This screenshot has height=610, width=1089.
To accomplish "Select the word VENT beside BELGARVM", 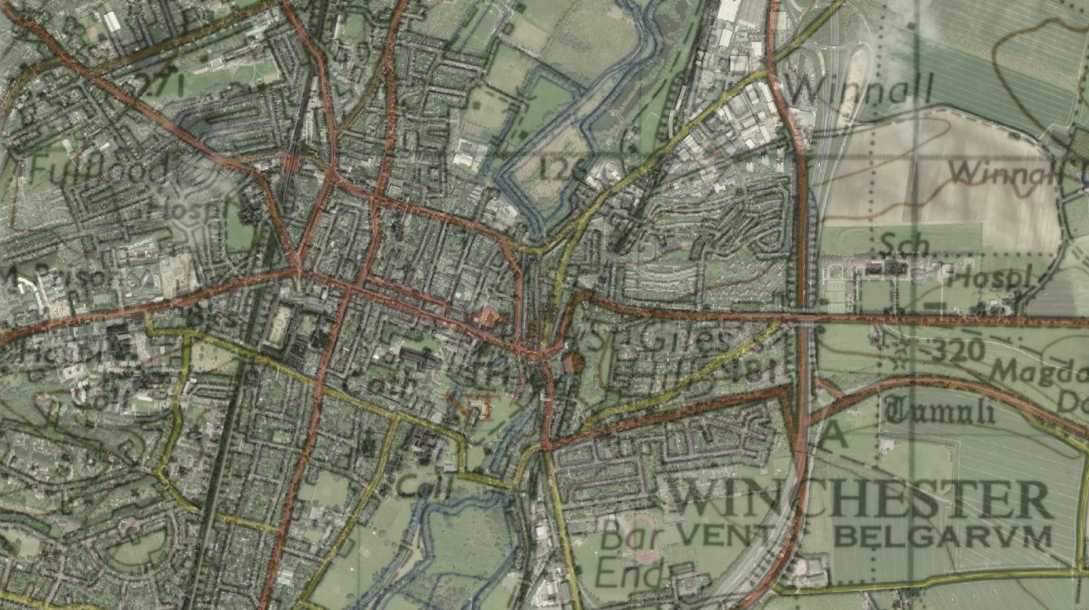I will coord(724,535).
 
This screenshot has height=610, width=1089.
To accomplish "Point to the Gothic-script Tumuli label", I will coord(940,409).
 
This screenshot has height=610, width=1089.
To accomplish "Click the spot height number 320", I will coord(957,350).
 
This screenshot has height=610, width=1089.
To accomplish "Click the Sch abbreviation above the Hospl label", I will coord(903,241).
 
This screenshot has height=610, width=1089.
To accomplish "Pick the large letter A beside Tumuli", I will coord(832,433).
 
